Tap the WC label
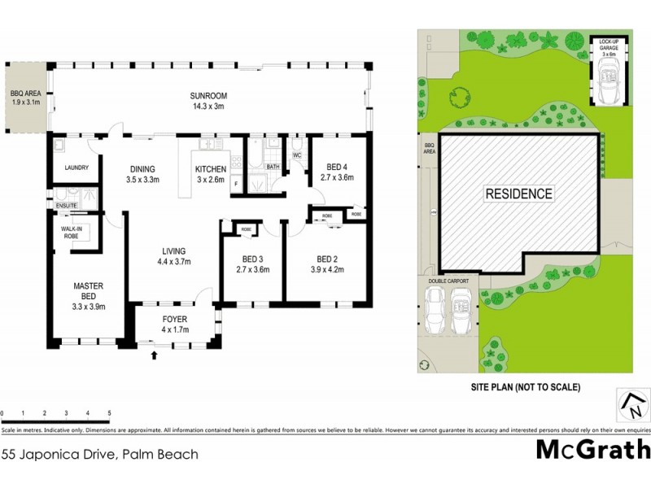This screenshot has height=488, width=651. [x=297, y=155]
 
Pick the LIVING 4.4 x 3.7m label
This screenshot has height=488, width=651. [x=173, y=256]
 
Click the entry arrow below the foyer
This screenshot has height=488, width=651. [x=155, y=355]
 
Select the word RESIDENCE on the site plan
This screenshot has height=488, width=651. [x=518, y=194]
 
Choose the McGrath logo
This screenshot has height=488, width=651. [x=592, y=450]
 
